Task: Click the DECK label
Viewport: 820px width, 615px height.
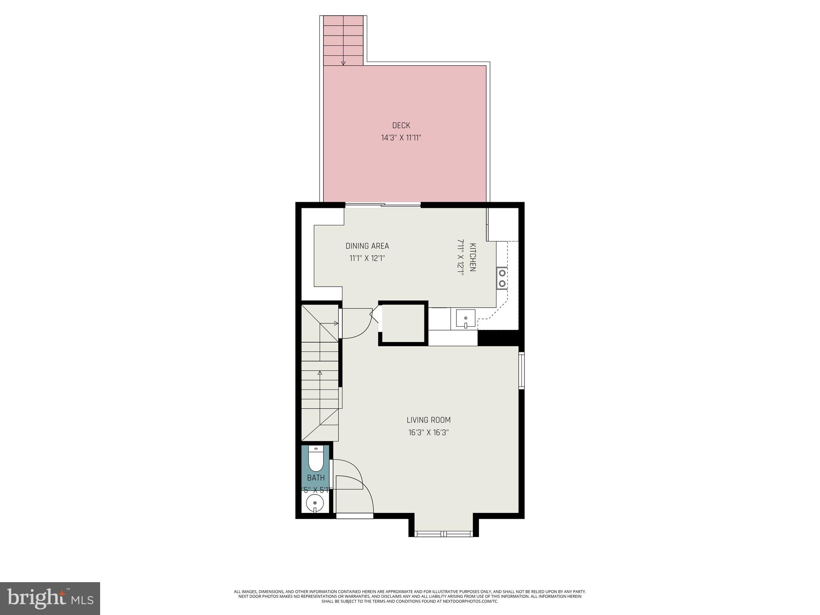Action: pyautogui.click(x=401, y=125)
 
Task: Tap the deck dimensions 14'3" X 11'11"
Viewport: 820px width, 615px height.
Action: pyautogui.click(x=401, y=138)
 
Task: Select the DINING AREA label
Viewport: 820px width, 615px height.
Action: pyautogui.click(x=367, y=246)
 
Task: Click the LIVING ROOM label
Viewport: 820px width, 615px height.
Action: pyautogui.click(x=428, y=420)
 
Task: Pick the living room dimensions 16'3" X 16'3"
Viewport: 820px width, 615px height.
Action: pyautogui.click(x=428, y=432)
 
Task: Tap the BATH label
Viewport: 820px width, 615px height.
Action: pyautogui.click(x=316, y=478)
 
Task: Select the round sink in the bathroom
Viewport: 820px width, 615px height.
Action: pyautogui.click(x=315, y=503)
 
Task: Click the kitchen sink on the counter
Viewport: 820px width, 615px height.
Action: pyautogui.click(x=465, y=319)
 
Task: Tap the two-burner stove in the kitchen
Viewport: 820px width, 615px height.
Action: pyautogui.click(x=502, y=278)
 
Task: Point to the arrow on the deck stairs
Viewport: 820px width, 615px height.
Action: pyautogui.click(x=343, y=62)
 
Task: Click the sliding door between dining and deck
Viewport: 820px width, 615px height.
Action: pyautogui.click(x=383, y=205)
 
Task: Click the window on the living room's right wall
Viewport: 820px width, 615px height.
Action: pyautogui.click(x=521, y=370)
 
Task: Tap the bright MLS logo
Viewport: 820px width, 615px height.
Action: pyautogui.click(x=50, y=598)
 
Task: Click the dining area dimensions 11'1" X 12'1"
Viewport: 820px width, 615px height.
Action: pyautogui.click(x=367, y=258)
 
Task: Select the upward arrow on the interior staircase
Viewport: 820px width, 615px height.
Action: pyautogui.click(x=320, y=373)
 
